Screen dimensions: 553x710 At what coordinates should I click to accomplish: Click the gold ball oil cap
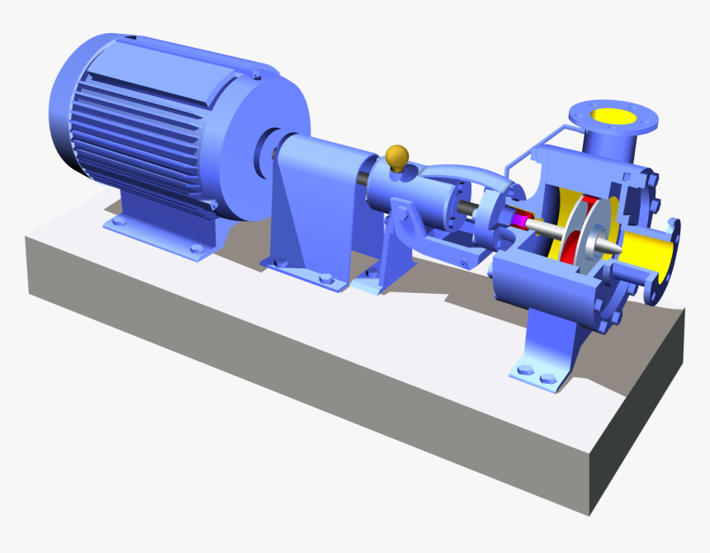[x=397, y=154]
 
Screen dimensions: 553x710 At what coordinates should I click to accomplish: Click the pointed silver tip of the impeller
[x=614, y=247]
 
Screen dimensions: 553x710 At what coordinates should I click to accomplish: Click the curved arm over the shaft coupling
[x=462, y=173]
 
